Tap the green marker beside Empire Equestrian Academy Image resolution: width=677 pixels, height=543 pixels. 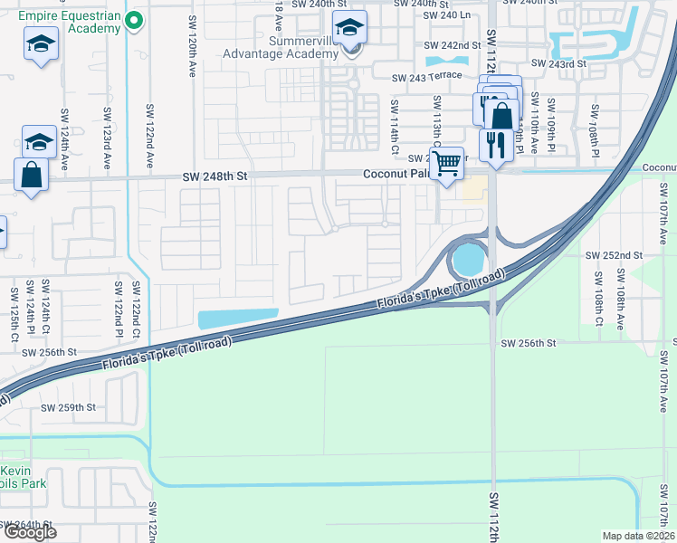(135, 20)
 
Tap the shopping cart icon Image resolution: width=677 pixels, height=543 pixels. (445, 164)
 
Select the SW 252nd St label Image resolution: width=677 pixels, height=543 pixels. (614, 256)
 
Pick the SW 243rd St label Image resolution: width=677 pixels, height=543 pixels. (560, 64)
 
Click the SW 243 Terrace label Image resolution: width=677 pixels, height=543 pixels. (426, 79)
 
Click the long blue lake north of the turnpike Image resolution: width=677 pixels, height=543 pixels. (237, 318)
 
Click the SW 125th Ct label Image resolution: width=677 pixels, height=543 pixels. (15, 308)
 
